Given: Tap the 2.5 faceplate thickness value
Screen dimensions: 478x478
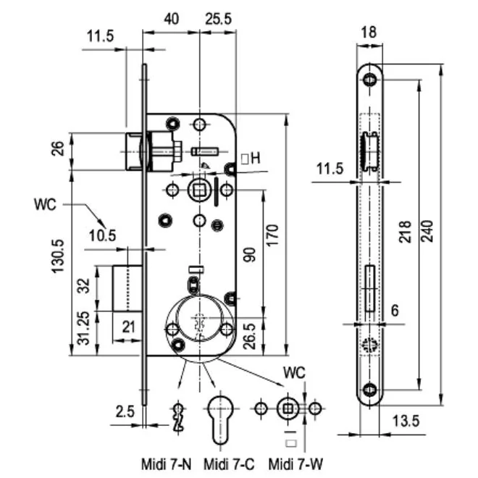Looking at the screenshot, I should (x=125, y=412).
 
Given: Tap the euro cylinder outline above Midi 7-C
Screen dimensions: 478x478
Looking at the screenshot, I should (x=223, y=418).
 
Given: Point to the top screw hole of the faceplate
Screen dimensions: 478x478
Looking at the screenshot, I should (x=370, y=77).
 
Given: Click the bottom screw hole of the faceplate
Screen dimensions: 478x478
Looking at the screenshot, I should (x=370, y=392).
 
